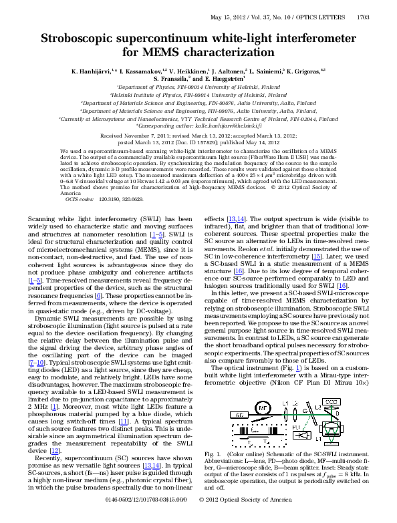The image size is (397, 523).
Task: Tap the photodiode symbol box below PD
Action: (302, 435)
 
